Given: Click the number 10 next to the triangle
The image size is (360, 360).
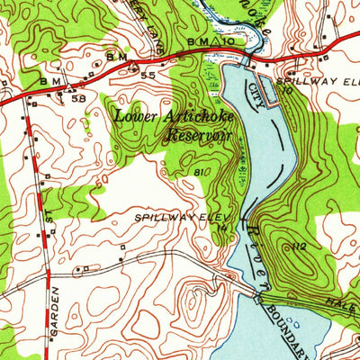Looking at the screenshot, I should click(230, 41).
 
